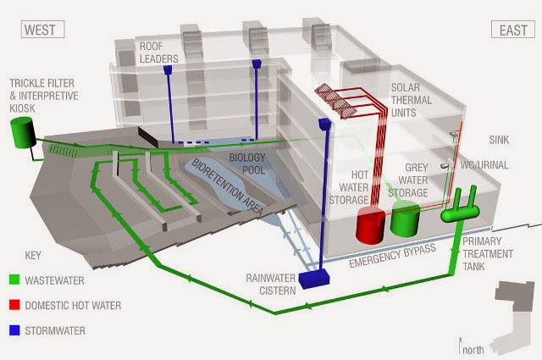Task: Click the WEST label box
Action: pos(43,30)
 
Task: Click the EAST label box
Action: pos(513,30)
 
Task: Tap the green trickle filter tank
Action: pos(23,132)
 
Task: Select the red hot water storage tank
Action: pos(371,224)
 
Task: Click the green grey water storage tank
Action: pos(405,219)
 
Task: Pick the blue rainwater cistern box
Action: pos(314,279)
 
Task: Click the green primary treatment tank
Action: pos(460,207)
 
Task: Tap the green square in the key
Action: pos(14,280)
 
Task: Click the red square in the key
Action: pos(14,305)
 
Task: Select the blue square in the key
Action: pos(14,330)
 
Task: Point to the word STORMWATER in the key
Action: pos(55,330)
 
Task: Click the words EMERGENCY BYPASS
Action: pos(392,256)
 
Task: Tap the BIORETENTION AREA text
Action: pos(227,187)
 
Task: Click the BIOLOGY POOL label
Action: pos(247,163)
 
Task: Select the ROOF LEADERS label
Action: pos(158,53)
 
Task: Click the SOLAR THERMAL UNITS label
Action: pos(412,100)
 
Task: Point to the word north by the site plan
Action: pos(473,350)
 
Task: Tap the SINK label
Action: pos(499,140)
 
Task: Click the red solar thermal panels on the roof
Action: pos(335,101)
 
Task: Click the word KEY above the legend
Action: pos(33,256)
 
